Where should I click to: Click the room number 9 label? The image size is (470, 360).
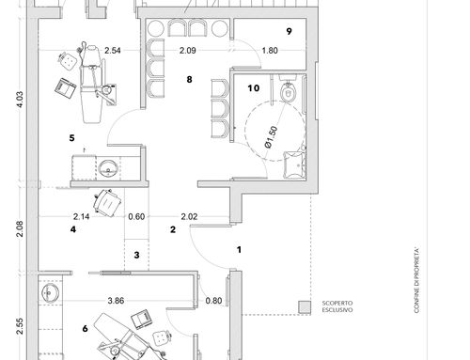point(289,31)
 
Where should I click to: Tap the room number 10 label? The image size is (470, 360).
point(254,88)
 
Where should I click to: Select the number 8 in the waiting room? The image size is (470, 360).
point(189,80)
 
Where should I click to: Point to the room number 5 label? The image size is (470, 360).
point(72,138)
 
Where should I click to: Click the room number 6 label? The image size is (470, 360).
point(85,329)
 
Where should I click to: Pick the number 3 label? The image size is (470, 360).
point(136,255)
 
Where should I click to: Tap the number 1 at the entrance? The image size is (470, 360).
point(240,250)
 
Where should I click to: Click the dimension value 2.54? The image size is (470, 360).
point(113,51)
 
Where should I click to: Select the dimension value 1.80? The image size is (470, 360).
point(270,51)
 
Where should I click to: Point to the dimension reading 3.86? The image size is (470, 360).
point(116,301)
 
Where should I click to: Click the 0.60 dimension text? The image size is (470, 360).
point(136,216)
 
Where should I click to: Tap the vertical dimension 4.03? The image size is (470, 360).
point(20,100)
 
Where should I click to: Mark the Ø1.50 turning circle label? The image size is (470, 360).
point(272,137)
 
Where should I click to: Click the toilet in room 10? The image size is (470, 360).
point(289,89)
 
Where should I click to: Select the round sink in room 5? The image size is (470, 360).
point(108,168)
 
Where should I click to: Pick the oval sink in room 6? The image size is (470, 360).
point(50,293)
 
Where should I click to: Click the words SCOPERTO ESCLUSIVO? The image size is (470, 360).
point(337,306)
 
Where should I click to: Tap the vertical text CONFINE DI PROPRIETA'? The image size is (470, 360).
point(416,281)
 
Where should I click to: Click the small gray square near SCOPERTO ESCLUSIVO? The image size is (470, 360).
point(305,307)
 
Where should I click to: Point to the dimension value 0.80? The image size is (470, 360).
point(213,301)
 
